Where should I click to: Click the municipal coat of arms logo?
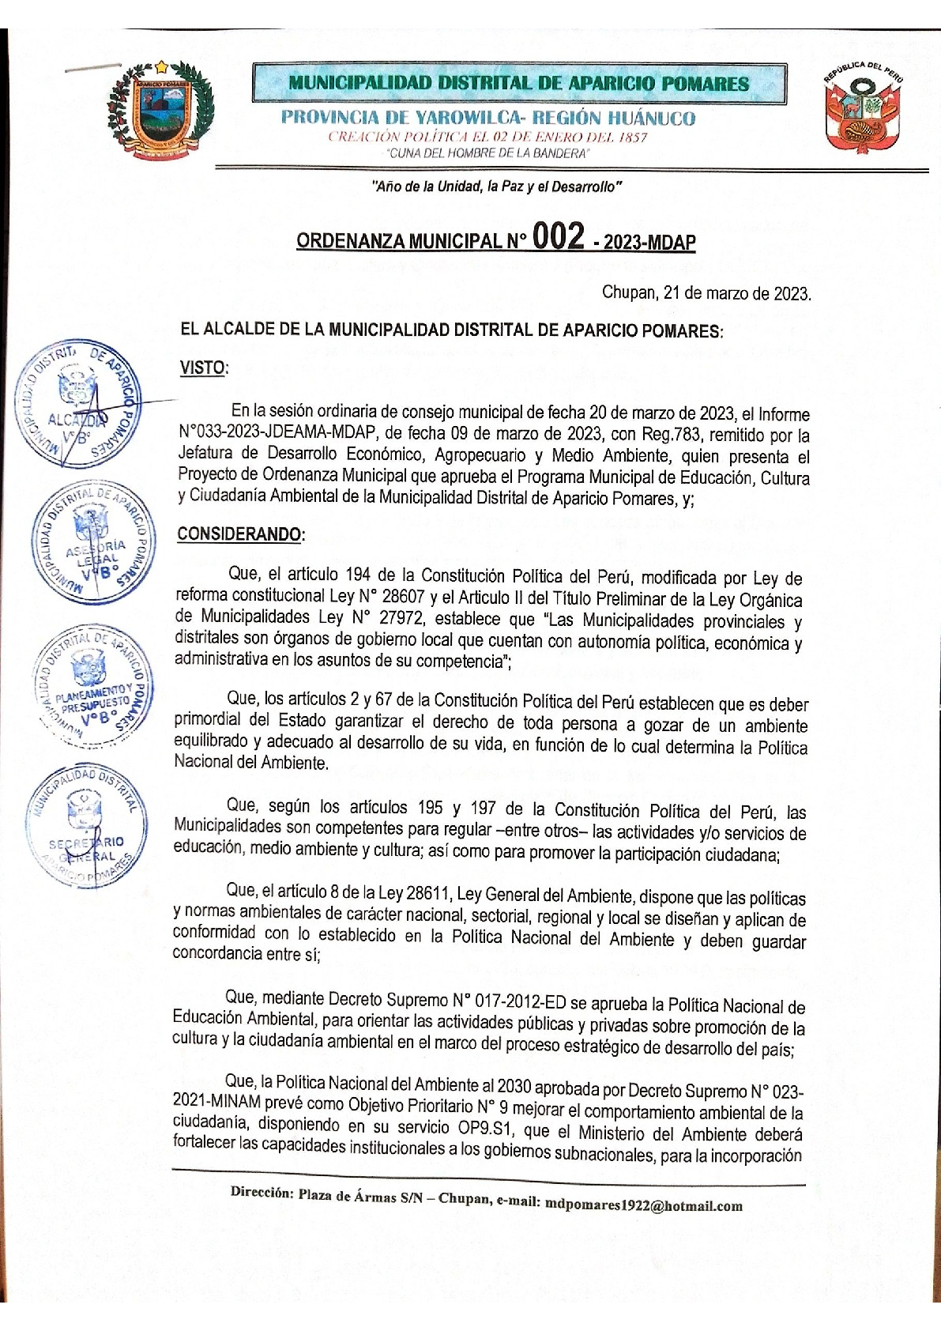click(160, 112)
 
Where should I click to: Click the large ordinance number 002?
click(558, 236)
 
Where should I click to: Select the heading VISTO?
click(203, 368)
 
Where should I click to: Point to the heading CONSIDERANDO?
click(239, 534)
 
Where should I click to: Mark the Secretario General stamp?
click(86, 827)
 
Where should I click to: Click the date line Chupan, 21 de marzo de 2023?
click(706, 293)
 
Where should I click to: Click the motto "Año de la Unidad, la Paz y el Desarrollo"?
click(497, 187)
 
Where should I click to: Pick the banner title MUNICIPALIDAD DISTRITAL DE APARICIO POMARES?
click(518, 83)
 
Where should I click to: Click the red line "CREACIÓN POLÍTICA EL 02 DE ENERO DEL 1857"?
click(487, 138)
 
